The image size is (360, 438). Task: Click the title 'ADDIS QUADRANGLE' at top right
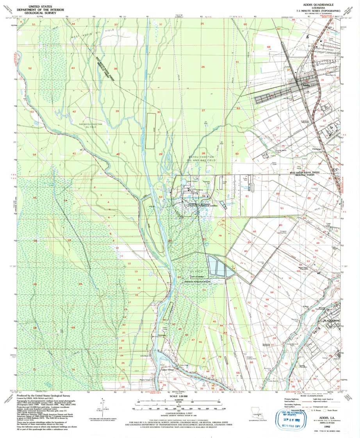pyautogui.click(x=319, y=3)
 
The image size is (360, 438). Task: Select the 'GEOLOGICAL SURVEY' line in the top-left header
pyautogui.click(x=39, y=13)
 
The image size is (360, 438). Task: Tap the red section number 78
pyautogui.click(x=220, y=236)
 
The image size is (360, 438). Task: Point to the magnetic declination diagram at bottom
pyautogui.click(x=104, y=407)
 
